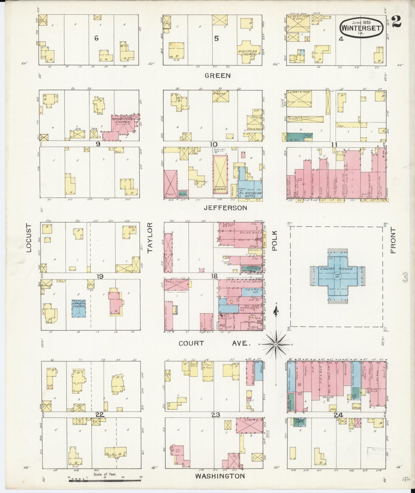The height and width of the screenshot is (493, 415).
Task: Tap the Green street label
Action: (217, 76)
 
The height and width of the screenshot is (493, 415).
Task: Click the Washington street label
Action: (220, 476)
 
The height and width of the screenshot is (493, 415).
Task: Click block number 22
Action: (100, 414)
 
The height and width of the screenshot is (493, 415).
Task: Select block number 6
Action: (96, 38)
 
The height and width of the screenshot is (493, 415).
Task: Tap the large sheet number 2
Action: (395, 22)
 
